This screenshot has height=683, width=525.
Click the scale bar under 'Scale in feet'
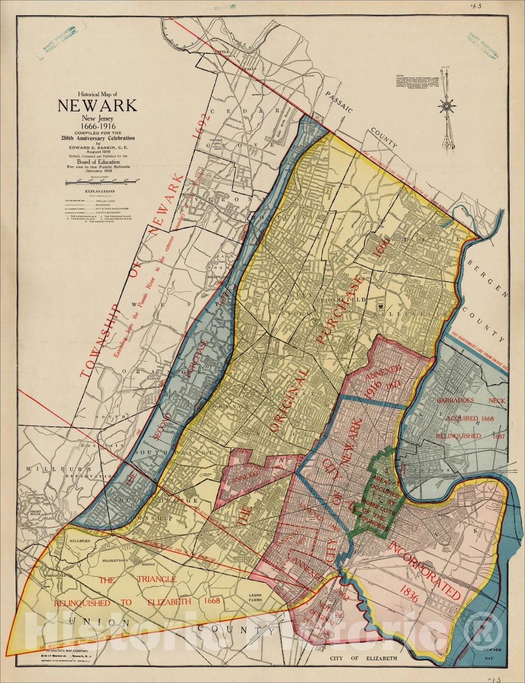point(97,182)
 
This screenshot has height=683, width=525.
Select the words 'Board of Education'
point(97,162)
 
